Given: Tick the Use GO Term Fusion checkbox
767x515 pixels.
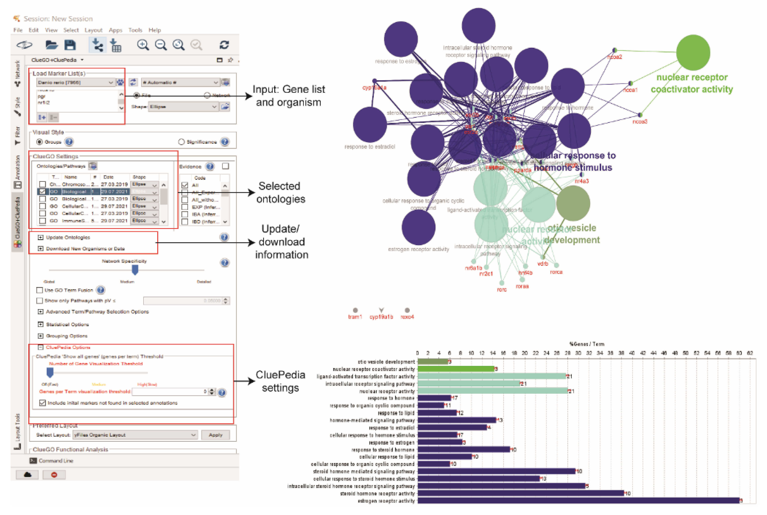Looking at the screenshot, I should point(40,290).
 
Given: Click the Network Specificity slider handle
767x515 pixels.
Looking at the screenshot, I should point(135,270).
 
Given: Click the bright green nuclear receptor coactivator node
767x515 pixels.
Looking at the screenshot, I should point(693,53).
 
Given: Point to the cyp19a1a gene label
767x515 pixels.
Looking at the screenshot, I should point(374,88).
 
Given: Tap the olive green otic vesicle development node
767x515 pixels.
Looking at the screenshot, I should point(573,203).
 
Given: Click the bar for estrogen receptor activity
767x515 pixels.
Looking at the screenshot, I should point(578,500).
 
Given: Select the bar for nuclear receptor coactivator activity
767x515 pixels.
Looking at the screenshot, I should point(456,369).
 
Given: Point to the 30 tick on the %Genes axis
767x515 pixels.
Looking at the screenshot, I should point(578,353).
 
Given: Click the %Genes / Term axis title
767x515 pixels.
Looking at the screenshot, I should point(587,344).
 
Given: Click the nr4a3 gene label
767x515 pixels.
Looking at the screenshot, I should point(582,181).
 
